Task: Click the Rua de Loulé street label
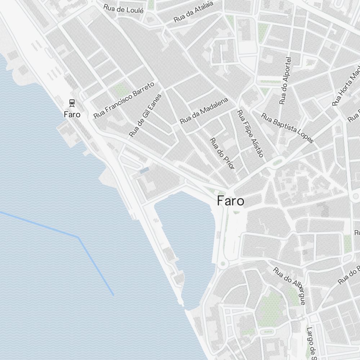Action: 123,9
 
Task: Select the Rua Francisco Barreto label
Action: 123,100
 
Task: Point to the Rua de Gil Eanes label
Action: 145,114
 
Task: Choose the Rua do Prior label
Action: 222,154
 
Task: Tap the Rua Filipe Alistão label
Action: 250,134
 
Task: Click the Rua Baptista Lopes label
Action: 287,128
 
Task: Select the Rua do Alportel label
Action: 285,81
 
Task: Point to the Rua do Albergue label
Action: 289,285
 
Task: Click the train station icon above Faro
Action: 72,103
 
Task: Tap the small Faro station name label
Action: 72,115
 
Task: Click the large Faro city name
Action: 230,201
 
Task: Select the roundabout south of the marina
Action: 223,264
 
